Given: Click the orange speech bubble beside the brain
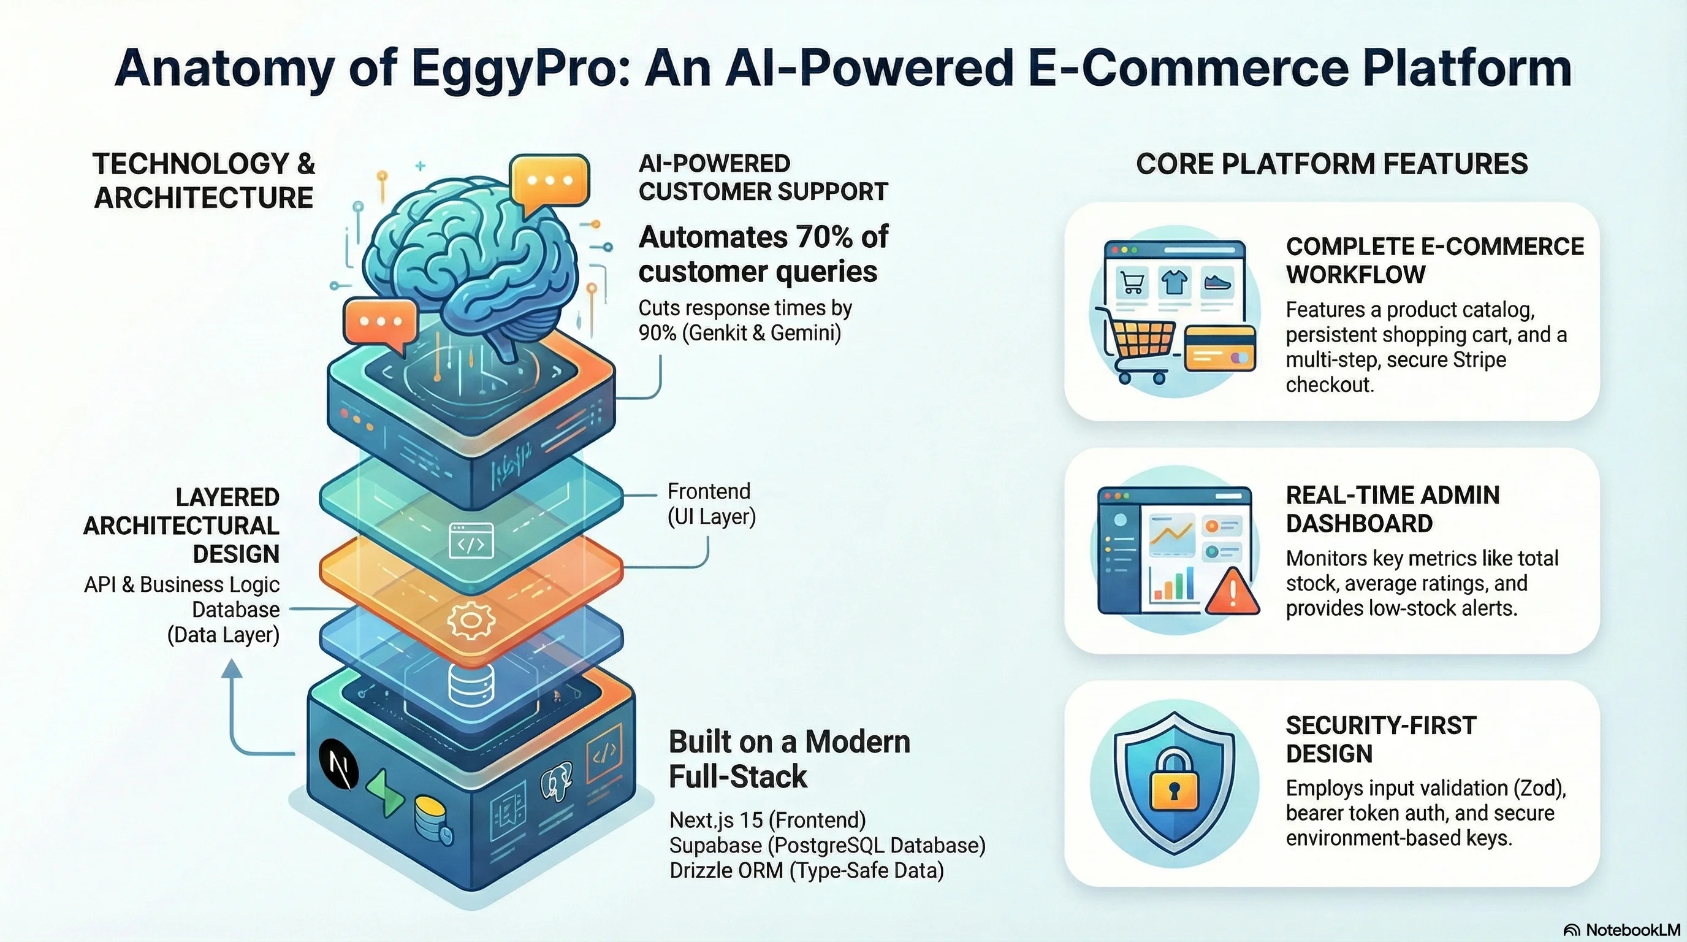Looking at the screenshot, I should coord(380,323).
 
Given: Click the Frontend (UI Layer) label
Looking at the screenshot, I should coord(710,504).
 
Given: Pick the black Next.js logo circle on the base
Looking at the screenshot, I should coord(338,763).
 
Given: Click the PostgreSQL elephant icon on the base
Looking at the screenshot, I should coord(556,779).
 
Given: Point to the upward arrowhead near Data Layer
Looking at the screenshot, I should coord(232,669).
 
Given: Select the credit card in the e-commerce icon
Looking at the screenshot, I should coord(1219,348).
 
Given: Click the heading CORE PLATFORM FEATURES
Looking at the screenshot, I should coord(1331,164).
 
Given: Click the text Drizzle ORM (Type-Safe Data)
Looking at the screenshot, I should coord(806,871).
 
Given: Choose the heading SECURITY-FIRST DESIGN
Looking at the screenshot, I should coord(1380,740).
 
